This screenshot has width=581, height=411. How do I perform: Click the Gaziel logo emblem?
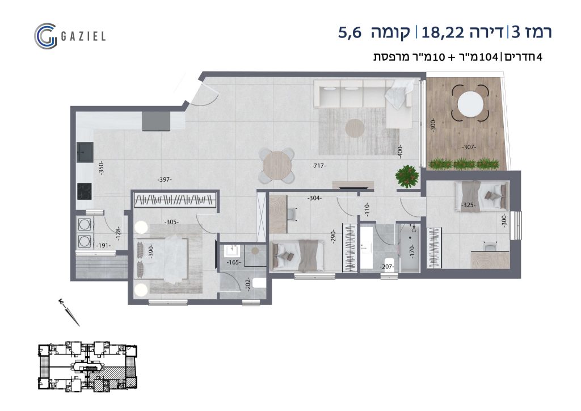(x=45, y=36)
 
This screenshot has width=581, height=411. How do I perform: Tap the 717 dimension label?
(x=319, y=166)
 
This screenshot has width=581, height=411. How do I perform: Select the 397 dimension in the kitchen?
(x=164, y=180)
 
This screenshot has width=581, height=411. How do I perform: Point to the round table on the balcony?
(x=470, y=104)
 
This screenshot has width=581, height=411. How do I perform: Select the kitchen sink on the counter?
(x=85, y=152)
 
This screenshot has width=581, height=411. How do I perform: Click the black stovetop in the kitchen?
(x=85, y=191)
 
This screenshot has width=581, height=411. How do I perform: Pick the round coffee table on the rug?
(x=355, y=128)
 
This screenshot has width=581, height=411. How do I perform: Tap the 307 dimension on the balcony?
(x=469, y=147)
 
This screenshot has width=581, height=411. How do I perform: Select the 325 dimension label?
(x=468, y=204)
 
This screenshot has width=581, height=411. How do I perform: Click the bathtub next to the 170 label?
(x=410, y=248)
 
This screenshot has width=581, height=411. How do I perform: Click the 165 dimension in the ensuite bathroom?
(x=234, y=262)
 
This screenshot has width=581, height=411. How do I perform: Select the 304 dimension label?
(x=314, y=198)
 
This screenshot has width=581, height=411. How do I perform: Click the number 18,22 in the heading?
(x=443, y=32)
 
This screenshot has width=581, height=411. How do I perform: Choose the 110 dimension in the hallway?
(x=367, y=210)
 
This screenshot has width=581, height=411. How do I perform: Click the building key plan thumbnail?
(x=88, y=366)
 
